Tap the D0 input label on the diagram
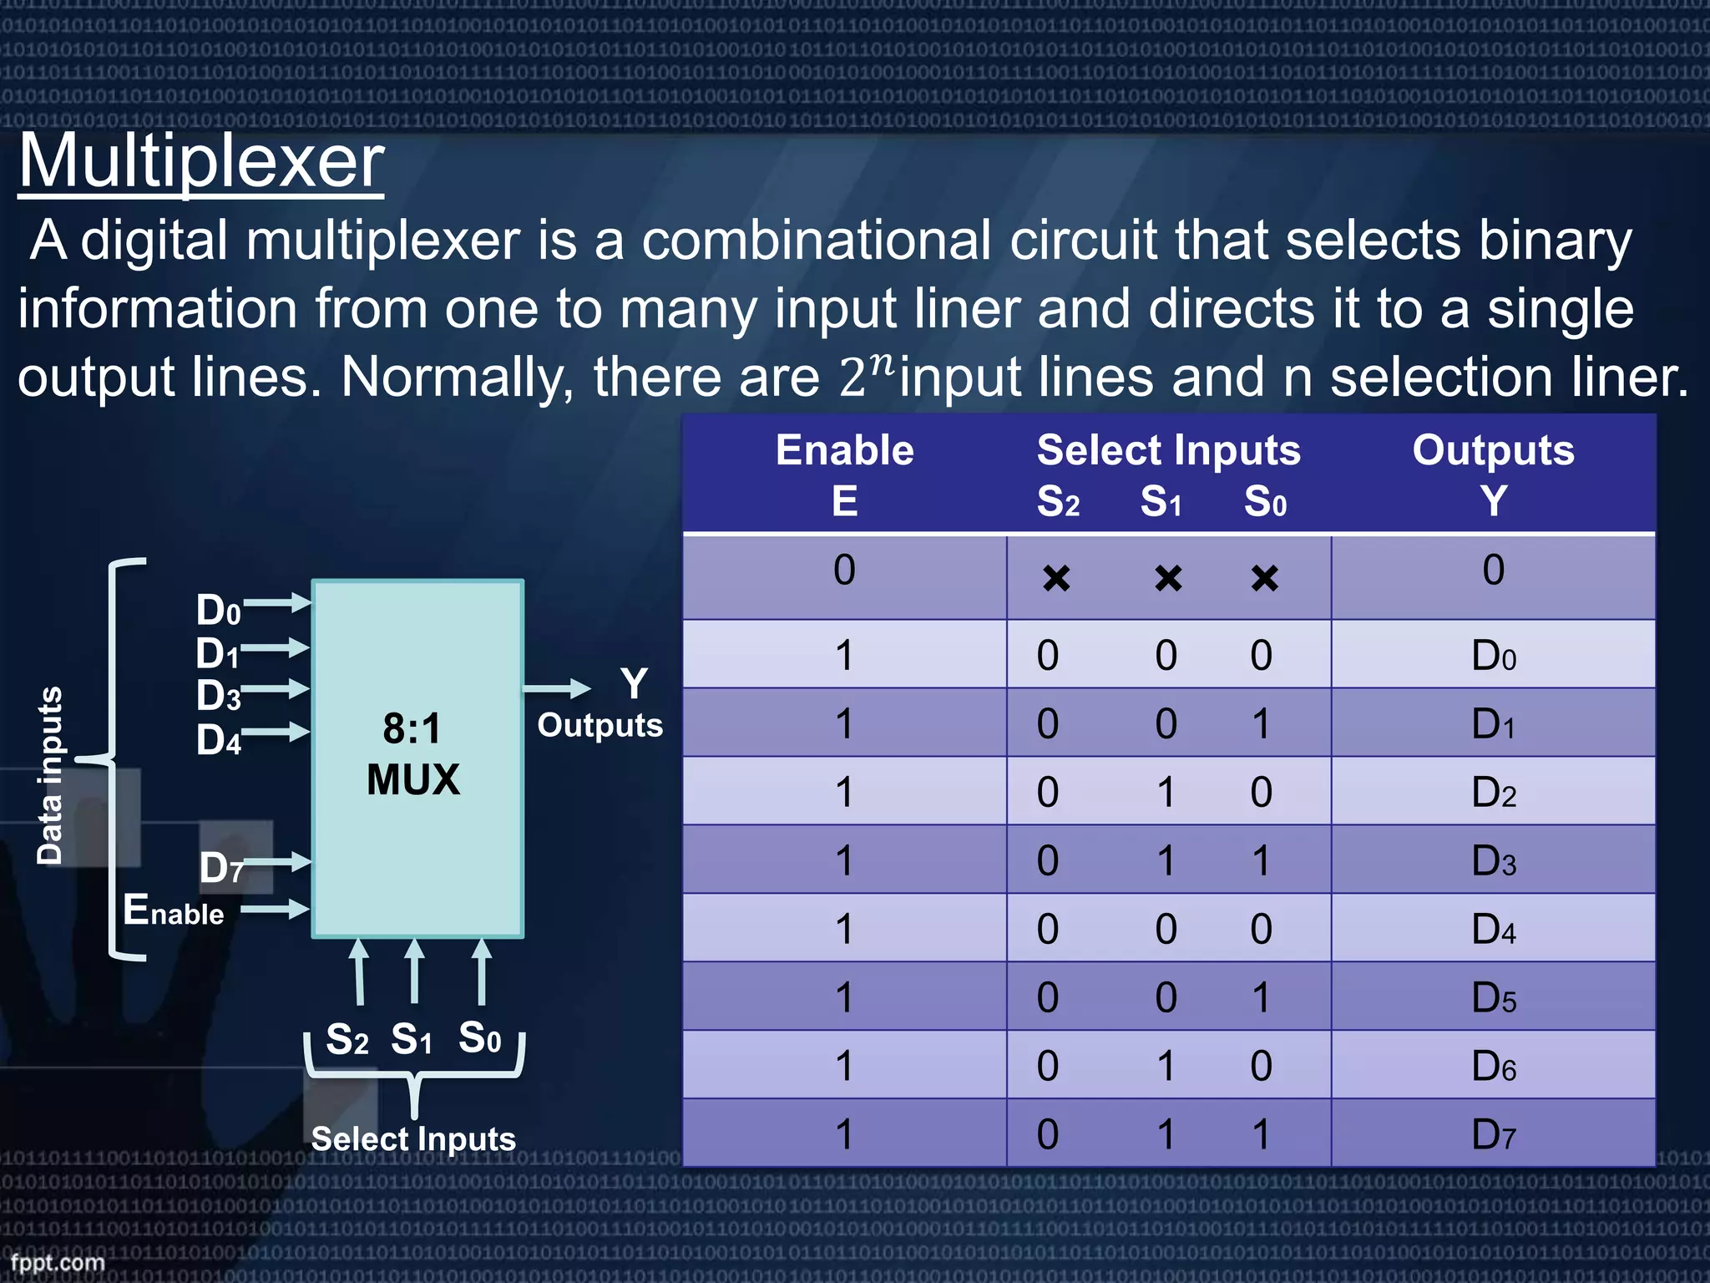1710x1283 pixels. coord(218,611)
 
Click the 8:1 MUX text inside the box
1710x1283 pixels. coord(413,754)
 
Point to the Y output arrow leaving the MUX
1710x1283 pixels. coord(556,688)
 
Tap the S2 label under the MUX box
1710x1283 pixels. coord(347,1040)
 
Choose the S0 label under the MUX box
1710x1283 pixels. coord(480,1038)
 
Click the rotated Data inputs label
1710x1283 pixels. coord(50,775)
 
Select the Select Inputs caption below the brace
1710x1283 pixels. coord(413,1139)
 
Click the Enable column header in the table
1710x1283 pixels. coord(844,450)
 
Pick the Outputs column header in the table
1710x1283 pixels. coord(1493,450)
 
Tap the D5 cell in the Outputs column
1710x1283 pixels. coord(1493,997)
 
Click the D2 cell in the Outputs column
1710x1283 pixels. coord(1493,792)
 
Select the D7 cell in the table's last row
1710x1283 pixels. coord(1493,1134)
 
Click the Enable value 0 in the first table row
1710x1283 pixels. coord(844,571)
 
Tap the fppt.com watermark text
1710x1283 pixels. coord(57,1262)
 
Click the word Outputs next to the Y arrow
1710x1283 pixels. coord(600,725)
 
